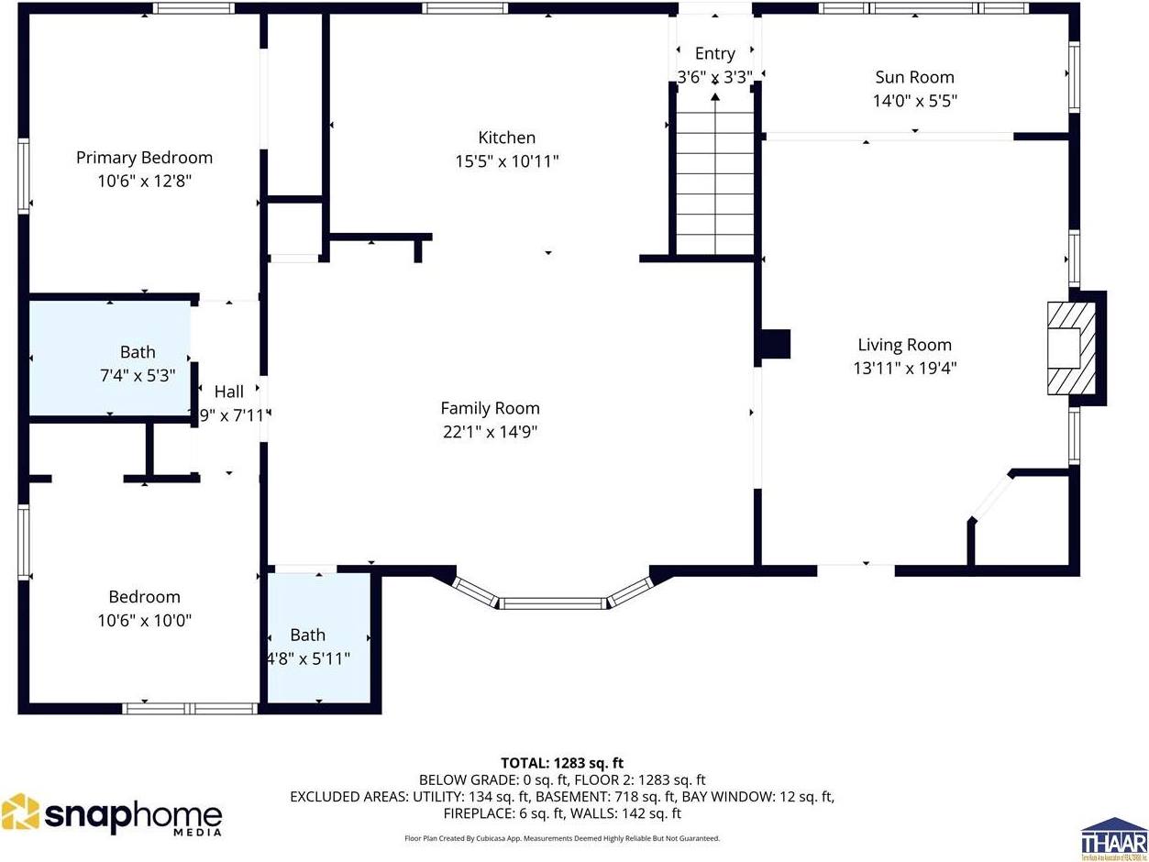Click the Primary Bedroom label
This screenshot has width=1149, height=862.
point(144,158)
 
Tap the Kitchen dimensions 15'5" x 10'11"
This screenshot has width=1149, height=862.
point(506,161)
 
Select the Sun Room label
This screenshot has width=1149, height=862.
point(913,77)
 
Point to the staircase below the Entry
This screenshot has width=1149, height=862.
point(714,181)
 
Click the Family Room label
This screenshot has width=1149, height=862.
point(490,408)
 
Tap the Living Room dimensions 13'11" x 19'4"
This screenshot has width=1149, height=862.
point(904,368)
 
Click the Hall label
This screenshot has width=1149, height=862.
point(228,392)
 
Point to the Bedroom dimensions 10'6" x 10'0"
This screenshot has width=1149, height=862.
point(144,620)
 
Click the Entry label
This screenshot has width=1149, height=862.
point(714,53)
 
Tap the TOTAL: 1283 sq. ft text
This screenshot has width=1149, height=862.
point(561,763)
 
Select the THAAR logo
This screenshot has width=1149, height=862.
point(1113,838)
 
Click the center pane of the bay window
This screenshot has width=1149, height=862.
point(554,603)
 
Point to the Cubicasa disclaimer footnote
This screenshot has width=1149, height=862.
point(561,838)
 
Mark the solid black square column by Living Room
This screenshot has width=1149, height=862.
point(774,344)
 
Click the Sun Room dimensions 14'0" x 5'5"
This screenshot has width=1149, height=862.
point(913,101)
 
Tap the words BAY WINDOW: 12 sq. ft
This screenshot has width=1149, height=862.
point(759,796)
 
